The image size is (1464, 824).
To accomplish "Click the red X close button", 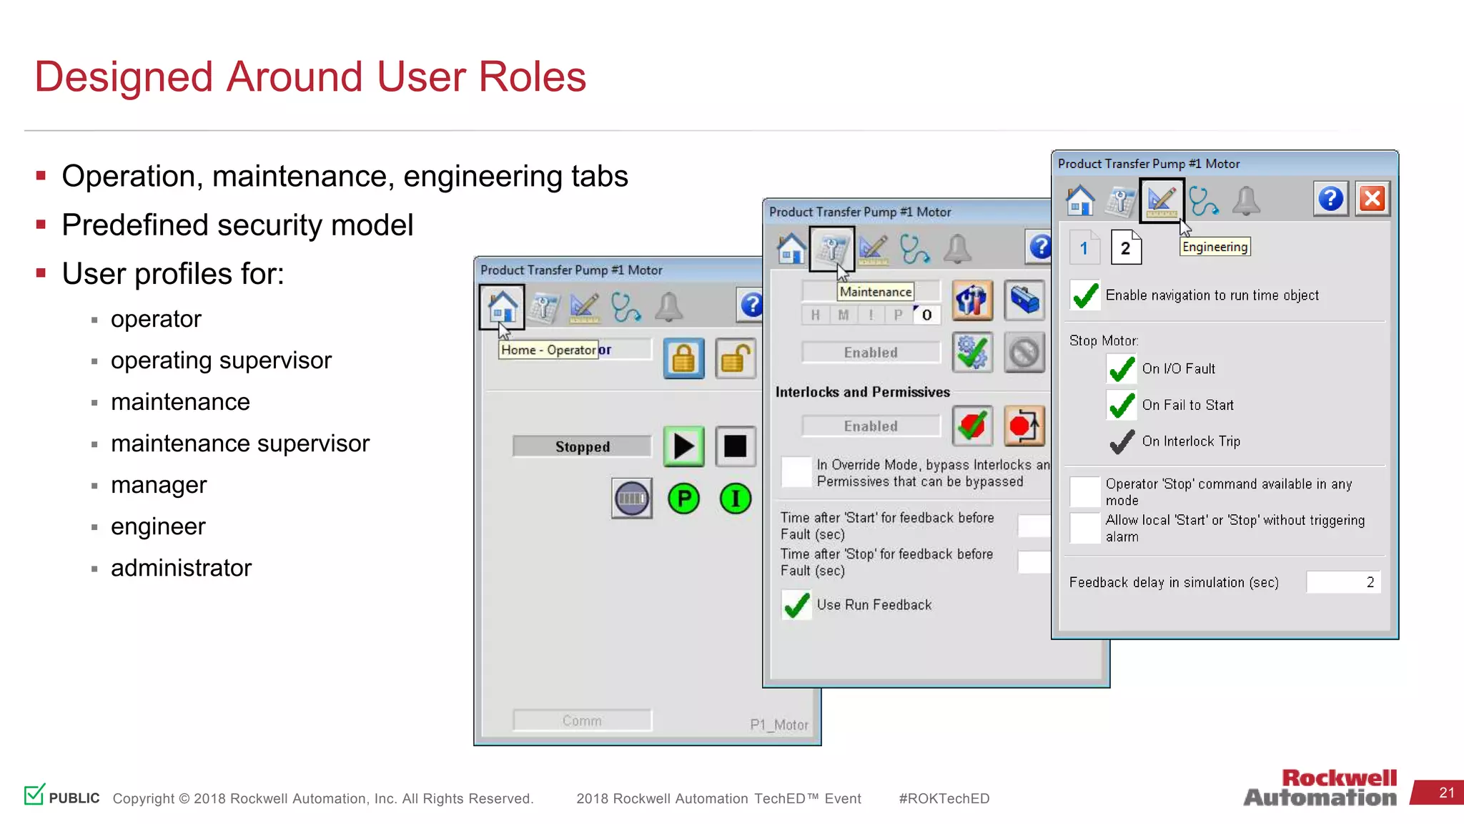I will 1372,199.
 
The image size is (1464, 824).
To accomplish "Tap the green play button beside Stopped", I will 683,446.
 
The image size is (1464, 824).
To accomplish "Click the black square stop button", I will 735,446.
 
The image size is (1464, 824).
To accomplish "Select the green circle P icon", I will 683,499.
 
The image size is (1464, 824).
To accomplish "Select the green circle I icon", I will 735,499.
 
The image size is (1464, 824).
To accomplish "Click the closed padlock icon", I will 683,358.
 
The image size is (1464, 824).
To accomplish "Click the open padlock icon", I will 735,358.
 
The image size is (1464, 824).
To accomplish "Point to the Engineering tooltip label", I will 1215,247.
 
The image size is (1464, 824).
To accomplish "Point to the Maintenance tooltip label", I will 875,292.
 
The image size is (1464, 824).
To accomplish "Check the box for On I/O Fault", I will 1122,369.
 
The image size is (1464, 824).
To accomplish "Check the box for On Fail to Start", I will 1122,406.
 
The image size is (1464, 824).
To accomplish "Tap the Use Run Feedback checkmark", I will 796,605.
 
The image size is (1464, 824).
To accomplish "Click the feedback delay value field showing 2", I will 1342,582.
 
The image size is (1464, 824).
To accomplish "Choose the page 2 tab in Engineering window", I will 1126,248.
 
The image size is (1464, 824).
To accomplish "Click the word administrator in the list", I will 181,568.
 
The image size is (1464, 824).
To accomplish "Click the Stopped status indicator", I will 582,447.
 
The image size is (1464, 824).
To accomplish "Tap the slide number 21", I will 1446,793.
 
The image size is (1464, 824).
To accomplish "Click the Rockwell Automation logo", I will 1320,788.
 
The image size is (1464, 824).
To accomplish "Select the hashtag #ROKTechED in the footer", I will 944,799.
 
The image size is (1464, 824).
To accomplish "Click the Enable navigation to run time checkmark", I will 1085,295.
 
